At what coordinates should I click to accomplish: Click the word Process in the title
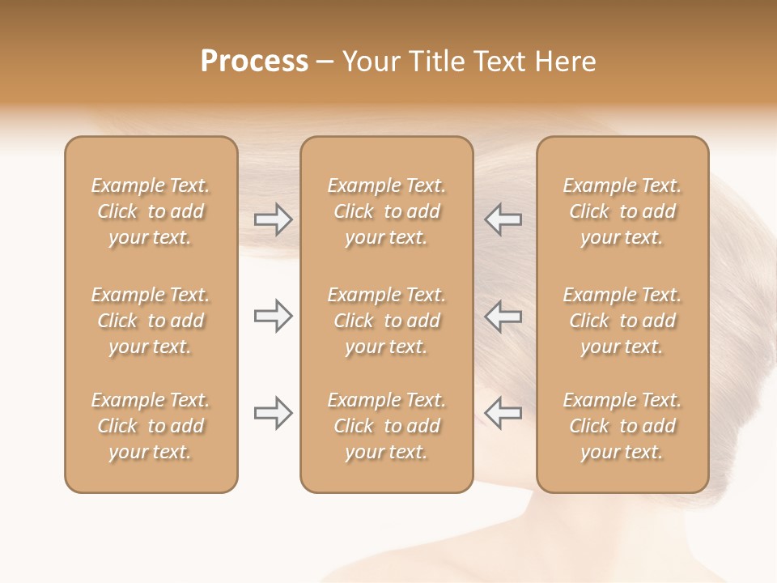(254, 62)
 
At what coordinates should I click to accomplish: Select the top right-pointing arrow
(273, 219)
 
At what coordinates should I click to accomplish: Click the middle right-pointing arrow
(273, 316)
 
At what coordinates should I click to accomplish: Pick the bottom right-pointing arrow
(273, 414)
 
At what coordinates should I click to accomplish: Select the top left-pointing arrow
(503, 219)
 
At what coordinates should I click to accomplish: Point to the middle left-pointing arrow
(503, 316)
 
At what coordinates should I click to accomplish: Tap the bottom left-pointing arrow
(503, 414)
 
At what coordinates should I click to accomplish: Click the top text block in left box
(151, 211)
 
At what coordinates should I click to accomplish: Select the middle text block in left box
(151, 321)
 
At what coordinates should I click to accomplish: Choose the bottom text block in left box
(151, 426)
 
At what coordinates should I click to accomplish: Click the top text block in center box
(386, 211)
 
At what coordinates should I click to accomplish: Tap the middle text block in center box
(386, 321)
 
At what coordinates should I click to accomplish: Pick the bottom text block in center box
(386, 426)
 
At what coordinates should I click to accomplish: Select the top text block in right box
(622, 211)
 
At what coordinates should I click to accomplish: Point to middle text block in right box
(622, 321)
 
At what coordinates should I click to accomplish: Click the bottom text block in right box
(622, 426)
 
